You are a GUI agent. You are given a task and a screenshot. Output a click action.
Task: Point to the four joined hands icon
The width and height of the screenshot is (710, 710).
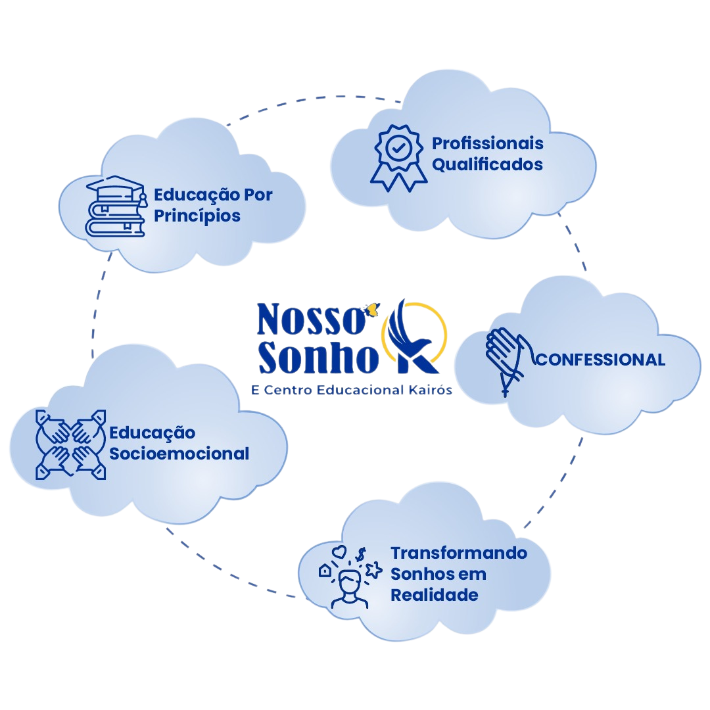point(70,444)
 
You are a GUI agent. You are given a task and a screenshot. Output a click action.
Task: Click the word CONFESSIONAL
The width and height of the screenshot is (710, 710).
point(601,360)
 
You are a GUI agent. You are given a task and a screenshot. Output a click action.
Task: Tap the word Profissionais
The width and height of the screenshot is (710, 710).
point(487,143)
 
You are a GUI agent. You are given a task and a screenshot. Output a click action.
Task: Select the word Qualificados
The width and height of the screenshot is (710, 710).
point(487,164)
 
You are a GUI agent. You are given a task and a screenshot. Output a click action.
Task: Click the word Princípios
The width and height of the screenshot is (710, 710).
point(197,216)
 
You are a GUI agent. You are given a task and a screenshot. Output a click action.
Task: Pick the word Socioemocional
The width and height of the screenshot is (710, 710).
point(179,454)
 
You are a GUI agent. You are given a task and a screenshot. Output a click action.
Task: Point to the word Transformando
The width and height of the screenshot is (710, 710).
point(459,553)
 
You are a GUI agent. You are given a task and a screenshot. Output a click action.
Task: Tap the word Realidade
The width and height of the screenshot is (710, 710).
point(433,595)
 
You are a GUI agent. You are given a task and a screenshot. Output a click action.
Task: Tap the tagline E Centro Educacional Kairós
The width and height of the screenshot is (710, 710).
point(352,390)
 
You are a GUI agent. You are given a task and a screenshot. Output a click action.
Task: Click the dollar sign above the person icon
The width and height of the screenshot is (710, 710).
point(360,556)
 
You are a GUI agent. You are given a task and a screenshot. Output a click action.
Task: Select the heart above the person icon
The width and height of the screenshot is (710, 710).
point(339,550)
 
